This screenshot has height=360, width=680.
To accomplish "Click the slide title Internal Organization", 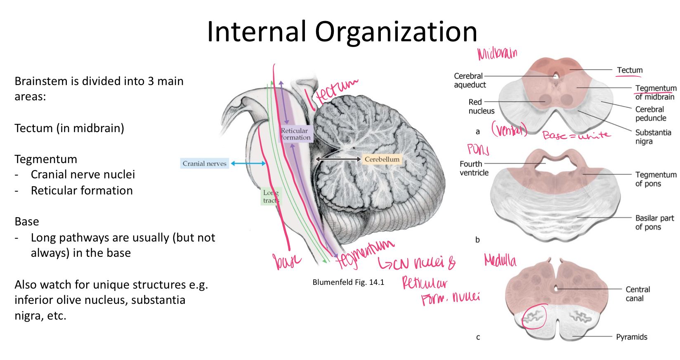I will coord(342,31).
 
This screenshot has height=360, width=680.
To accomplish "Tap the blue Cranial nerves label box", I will coord(205,163).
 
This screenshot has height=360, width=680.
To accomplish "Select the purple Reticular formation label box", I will coord(295,134).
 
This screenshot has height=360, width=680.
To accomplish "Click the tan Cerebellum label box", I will coord(382,159).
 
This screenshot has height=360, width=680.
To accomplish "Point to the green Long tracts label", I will coord(271,197).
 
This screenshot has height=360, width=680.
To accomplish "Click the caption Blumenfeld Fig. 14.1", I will coord(348,282).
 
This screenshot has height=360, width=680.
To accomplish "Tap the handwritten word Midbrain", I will coord(497,54).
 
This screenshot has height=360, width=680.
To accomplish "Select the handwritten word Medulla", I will coord(500,260).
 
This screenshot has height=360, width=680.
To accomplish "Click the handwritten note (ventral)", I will coord(509,130).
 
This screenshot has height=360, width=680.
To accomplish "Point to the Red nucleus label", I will coord(481,106).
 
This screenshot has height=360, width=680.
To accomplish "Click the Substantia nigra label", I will coord(653,137).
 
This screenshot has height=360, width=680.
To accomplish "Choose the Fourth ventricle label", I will coord(474,168).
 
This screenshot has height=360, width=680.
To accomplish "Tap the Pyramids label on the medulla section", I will coord(631,337).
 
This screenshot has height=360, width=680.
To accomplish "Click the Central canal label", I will coord(637,294).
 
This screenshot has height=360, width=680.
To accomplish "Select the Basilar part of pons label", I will coord(654,222).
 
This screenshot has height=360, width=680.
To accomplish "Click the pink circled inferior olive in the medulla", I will coord(534,317).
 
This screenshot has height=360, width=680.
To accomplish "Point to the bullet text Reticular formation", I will coord(82,190).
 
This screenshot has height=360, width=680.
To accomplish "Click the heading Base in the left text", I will coord(27,221).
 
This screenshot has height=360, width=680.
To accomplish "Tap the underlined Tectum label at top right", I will coord(630,70).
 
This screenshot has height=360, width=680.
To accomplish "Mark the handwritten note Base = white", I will coord(576,135).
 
